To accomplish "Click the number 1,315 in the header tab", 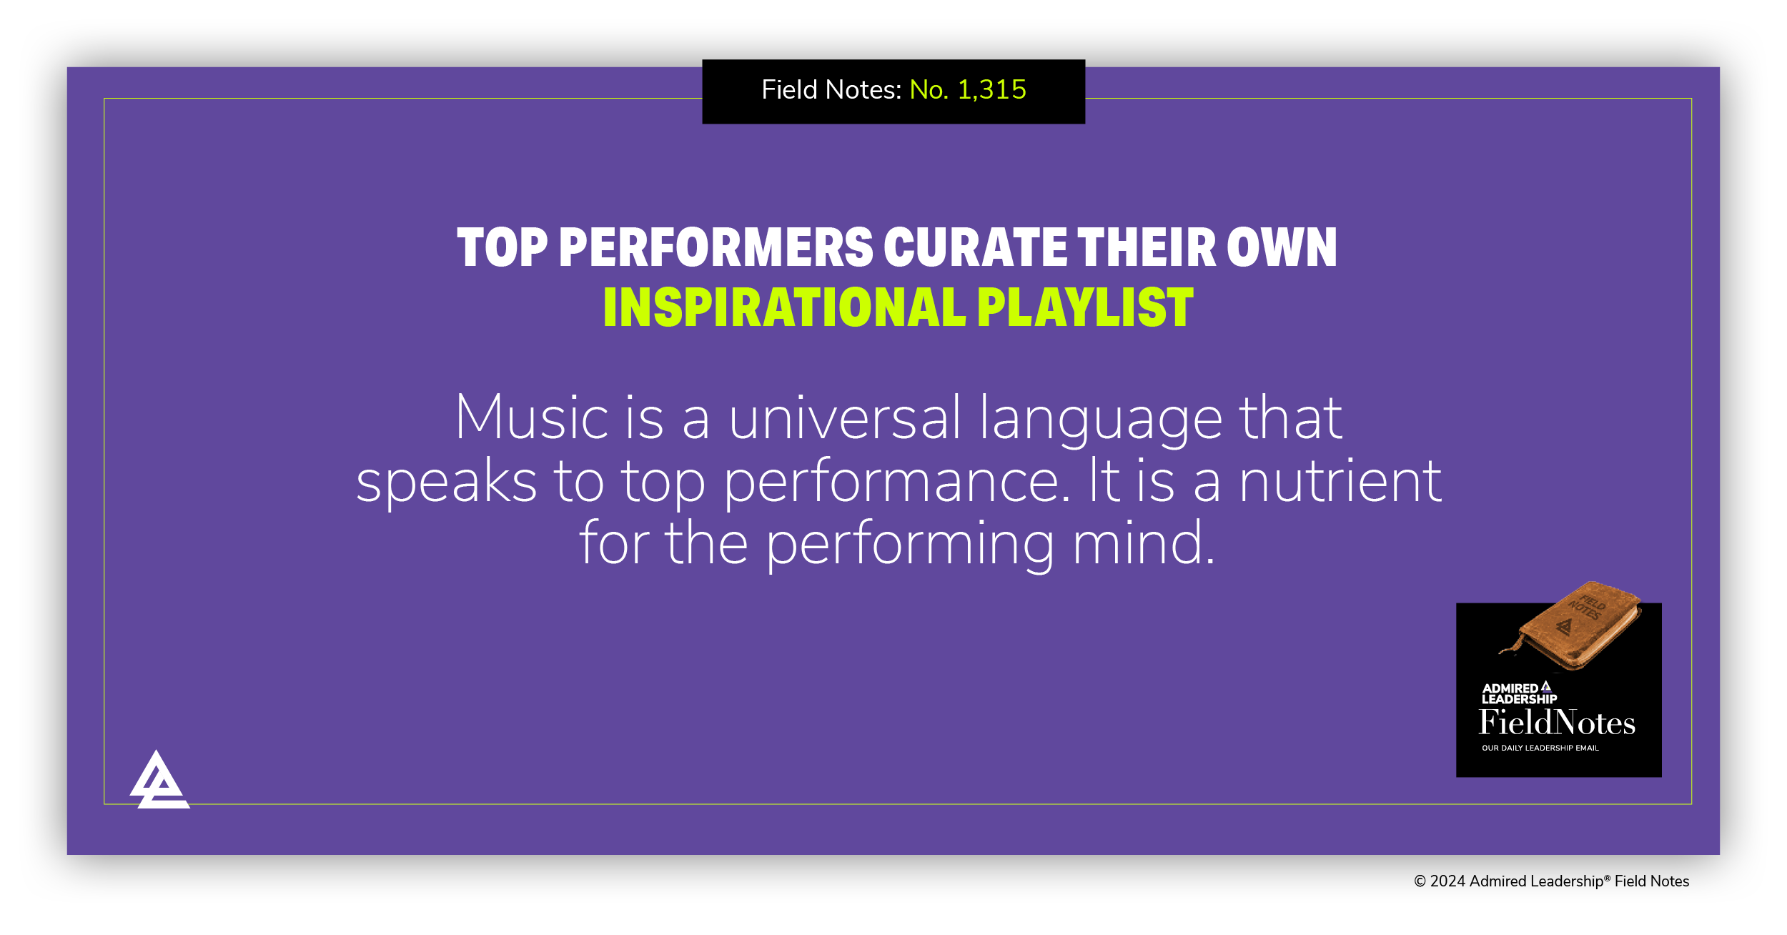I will click(x=991, y=90).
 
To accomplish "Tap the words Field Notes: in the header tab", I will click(x=831, y=90).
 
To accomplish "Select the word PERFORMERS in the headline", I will click(x=716, y=248).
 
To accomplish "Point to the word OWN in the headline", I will click(x=1282, y=248).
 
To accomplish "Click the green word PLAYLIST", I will click(x=1085, y=308).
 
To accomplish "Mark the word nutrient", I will click(x=1340, y=482).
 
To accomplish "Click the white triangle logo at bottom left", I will click(x=159, y=781).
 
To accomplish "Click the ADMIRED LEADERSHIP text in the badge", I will click(x=1518, y=693).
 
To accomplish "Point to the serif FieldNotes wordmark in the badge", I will click(x=1557, y=723).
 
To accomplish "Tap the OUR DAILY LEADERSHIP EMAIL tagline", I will click(x=1540, y=748).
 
